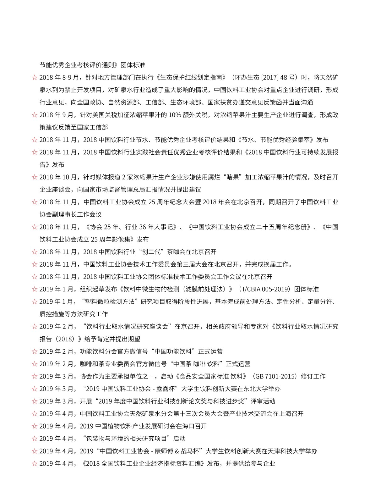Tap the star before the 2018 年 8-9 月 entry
[35, 78]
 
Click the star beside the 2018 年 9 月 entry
[35, 115]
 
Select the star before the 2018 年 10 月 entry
[35, 177]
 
